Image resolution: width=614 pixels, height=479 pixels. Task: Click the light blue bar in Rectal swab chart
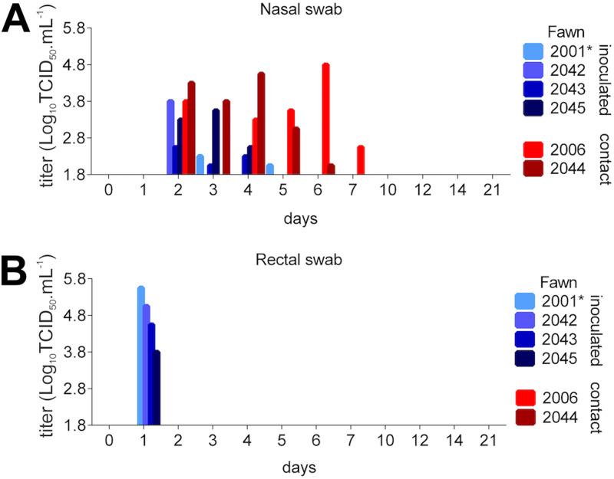(x=141, y=356)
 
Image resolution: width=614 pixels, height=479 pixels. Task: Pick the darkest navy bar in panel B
(x=157, y=388)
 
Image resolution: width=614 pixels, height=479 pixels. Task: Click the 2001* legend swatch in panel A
(x=533, y=52)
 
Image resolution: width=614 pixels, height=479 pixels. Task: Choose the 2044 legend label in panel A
(x=566, y=168)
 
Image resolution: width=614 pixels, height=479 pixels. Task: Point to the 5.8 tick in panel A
(x=81, y=29)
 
